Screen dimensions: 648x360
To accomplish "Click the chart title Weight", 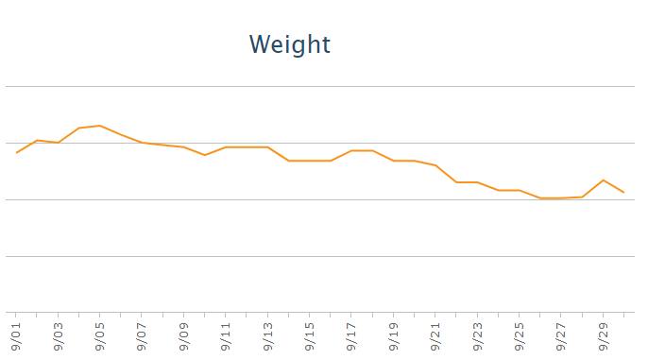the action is point(290,44).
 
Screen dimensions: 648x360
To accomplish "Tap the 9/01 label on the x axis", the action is point(16,335).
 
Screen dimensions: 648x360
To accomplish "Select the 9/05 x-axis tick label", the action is point(99,335).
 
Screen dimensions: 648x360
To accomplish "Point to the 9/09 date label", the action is point(184,335).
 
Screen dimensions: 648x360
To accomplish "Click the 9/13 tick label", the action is point(268,335).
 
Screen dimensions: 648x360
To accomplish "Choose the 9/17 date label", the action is point(351,335).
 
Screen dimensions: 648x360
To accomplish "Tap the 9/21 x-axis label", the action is point(435,335).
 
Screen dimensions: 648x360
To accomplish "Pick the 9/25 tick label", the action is point(520,335).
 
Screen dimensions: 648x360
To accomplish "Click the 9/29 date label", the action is point(603,335).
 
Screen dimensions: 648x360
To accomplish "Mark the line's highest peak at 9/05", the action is point(99,126).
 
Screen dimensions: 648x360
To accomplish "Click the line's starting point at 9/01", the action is point(17,153).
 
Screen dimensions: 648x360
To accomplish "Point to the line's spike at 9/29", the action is point(604,180).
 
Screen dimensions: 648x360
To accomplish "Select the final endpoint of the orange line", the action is point(623,192).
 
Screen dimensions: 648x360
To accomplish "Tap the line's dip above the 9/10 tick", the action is point(205,155).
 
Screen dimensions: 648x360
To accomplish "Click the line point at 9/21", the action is point(435,165).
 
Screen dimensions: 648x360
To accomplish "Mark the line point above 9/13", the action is point(268,147).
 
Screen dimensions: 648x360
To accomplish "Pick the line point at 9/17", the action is point(351,150).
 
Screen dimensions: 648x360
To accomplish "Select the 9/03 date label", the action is point(59,335).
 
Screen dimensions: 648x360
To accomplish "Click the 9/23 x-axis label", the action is point(477,335).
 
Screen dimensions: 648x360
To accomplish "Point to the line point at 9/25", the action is point(520,190).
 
